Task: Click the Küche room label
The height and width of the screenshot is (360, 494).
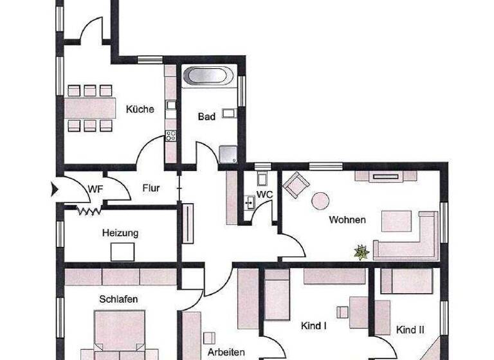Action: (x=140, y=109)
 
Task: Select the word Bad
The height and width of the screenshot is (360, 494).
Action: (x=206, y=117)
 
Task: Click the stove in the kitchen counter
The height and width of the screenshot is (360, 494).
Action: (x=171, y=136)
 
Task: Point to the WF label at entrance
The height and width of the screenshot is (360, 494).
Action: (x=96, y=189)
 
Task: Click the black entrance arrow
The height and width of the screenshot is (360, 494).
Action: (x=55, y=189)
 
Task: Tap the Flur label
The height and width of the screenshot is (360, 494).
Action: (x=151, y=189)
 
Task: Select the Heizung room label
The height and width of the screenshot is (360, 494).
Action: (x=120, y=233)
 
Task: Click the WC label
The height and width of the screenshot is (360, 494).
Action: (x=265, y=194)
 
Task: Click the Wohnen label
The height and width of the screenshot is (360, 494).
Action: (x=347, y=220)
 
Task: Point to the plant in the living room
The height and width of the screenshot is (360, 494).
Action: (x=361, y=252)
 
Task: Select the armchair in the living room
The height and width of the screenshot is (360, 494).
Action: (x=296, y=185)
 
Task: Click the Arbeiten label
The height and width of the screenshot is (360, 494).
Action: (x=225, y=352)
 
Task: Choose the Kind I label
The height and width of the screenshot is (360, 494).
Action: (x=315, y=326)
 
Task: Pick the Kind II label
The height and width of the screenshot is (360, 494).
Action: (x=410, y=330)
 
